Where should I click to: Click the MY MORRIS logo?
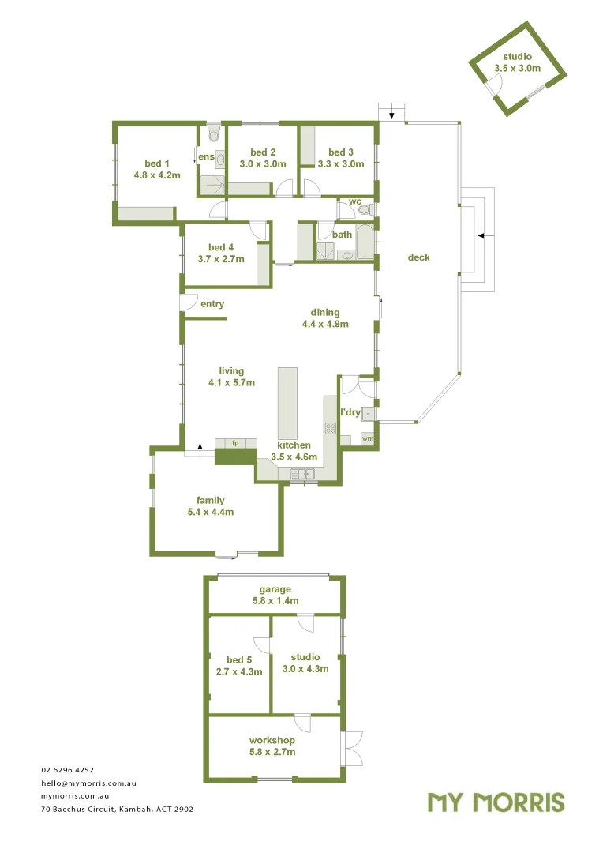(x=496, y=802)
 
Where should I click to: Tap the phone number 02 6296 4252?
(x=68, y=769)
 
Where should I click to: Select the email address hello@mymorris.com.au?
(x=89, y=783)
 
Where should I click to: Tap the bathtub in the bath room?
(x=365, y=244)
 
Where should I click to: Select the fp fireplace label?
(x=235, y=443)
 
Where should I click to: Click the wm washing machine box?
(x=367, y=438)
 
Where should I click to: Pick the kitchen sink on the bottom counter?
(x=303, y=473)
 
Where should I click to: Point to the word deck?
(x=419, y=257)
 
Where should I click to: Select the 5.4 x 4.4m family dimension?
(x=211, y=512)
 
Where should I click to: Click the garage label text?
(x=275, y=589)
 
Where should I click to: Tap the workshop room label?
(x=272, y=740)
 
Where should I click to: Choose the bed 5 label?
(x=239, y=660)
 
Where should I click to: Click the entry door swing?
(x=189, y=302)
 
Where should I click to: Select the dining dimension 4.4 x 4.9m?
(x=325, y=324)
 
